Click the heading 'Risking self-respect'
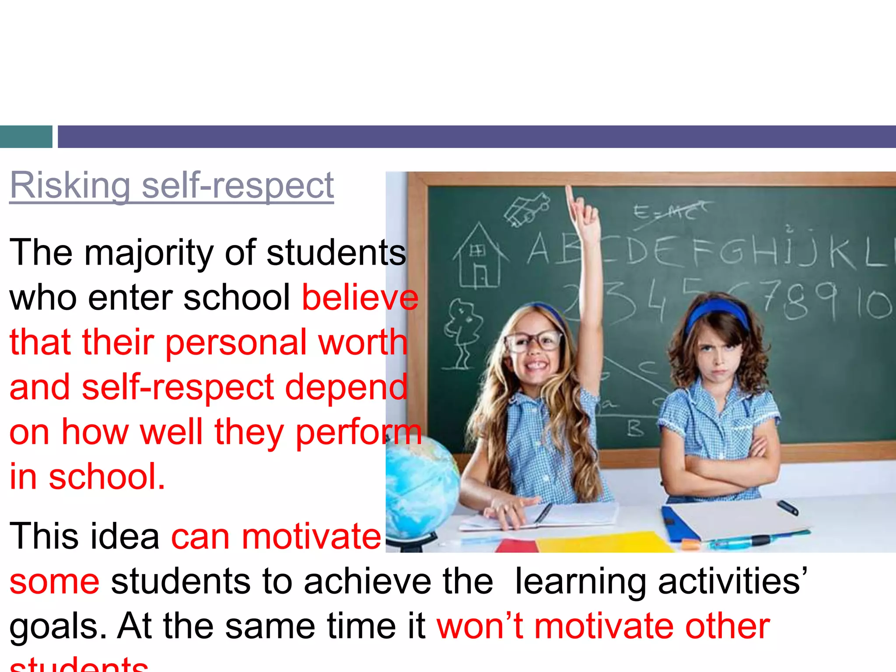coord(171,186)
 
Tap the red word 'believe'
coord(360,298)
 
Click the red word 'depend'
coord(346,387)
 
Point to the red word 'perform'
coord(359,432)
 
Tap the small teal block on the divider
coord(26,136)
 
